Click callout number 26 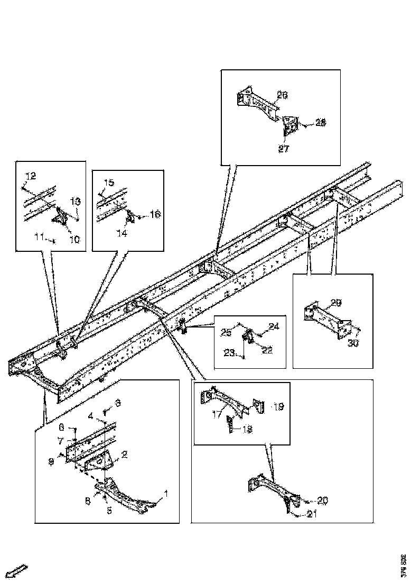tap(282, 95)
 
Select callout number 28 tap(321, 122)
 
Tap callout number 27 tap(284, 149)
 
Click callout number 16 tap(154, 214)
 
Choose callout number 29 tap(336, 303)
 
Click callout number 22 tap(268, 350)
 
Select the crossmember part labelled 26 tap(257, 103)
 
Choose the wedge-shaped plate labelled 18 tap(231, 425)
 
